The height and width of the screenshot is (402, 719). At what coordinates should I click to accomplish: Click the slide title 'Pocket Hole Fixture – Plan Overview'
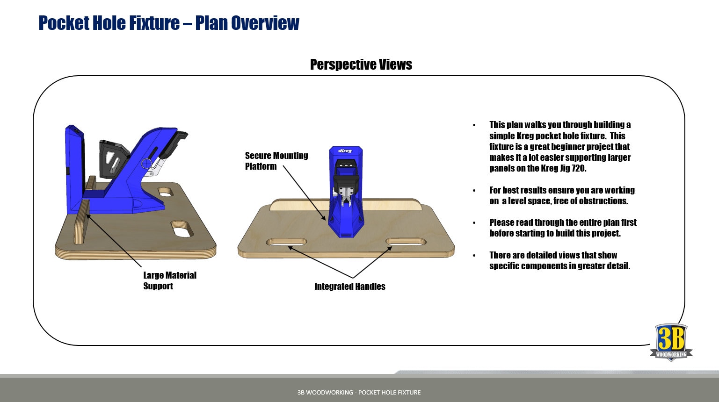(168, 23)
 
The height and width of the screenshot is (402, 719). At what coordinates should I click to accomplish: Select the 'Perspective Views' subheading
(361, 65)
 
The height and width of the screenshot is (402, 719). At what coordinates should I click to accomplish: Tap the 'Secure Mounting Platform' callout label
(276, 161)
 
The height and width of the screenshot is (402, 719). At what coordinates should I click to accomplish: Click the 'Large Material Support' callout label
(169, 280)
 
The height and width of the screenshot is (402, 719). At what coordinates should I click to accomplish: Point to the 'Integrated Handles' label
(349, 287)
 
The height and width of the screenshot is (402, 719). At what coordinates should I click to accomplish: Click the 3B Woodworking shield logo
(671, 342)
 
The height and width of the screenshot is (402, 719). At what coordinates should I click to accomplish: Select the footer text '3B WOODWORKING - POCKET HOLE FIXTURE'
(359, 392)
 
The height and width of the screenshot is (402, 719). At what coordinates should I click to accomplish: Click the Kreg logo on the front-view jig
(345, 151)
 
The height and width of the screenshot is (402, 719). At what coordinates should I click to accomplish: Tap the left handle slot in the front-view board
(286, 242)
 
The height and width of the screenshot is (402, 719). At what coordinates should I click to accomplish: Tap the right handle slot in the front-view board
(406, 242)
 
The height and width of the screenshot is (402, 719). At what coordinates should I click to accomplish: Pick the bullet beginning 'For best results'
(561, 195)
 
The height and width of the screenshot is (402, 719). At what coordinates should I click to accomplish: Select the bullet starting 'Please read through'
(562, 228)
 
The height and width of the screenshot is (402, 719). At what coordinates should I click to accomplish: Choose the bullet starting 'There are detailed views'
(559, 260)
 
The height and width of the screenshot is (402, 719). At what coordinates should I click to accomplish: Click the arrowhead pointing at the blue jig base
(323, 217)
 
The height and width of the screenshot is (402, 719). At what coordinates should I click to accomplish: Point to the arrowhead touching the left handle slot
(290, 248)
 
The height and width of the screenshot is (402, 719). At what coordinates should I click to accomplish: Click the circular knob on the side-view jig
(147, 164)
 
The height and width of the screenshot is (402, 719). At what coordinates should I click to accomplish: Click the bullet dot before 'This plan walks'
(474, 125)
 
